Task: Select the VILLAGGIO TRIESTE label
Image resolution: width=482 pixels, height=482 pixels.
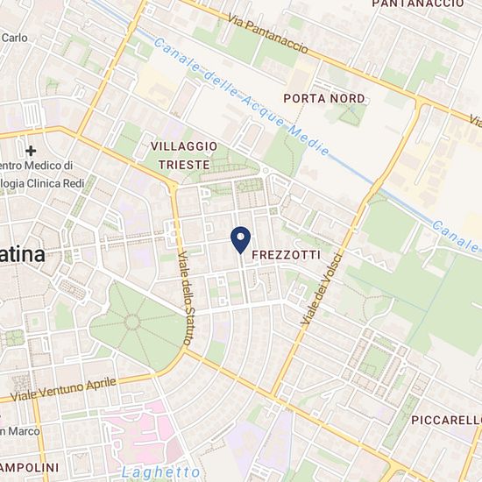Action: click(180, 155)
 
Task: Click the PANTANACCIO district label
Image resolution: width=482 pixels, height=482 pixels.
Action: click(417, 4)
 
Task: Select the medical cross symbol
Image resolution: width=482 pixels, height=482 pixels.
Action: click(32, 151)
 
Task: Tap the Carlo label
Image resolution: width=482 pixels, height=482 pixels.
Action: click(14, 38)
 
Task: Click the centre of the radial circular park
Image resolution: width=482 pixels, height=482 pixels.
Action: click(132, 322)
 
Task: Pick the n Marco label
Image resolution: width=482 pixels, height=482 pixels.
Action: click(18, 430)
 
